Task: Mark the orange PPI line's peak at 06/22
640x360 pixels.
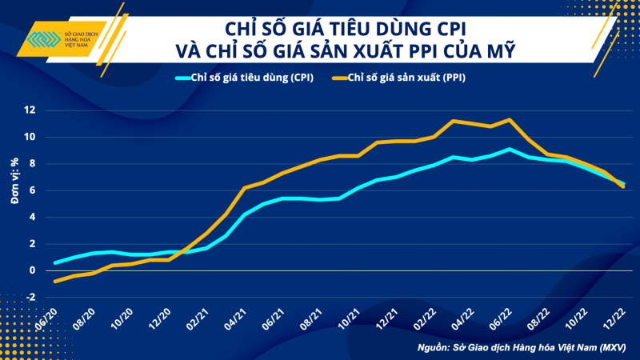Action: pos(510,120)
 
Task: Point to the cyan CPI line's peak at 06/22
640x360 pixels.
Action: pos(510,149)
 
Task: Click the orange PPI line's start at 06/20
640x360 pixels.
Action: pos(54,281)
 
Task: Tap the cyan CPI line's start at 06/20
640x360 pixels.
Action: pos(54,262)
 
